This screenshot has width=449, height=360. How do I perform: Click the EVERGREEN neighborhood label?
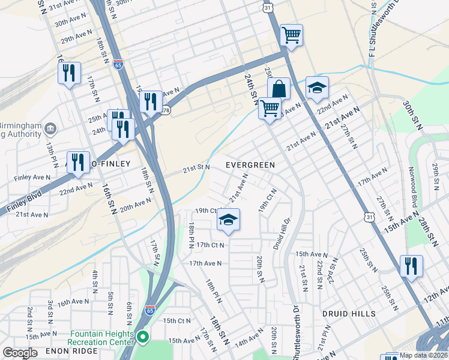250,165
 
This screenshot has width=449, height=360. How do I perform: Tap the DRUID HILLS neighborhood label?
348,314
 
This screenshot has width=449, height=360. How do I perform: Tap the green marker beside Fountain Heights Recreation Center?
142,337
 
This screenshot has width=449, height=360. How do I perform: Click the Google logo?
20,352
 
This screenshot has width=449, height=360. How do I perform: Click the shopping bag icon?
279,89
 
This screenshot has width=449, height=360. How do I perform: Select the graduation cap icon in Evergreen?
228,220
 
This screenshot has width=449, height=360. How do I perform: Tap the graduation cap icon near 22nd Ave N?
317,88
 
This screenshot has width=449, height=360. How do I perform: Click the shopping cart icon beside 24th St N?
270,109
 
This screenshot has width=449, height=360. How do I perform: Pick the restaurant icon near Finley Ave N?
78,162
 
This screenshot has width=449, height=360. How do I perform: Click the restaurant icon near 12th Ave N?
411,265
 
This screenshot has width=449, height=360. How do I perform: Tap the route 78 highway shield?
166,110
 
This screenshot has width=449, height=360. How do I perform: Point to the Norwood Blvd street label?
412,187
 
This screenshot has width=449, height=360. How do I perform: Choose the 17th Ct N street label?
210,245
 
